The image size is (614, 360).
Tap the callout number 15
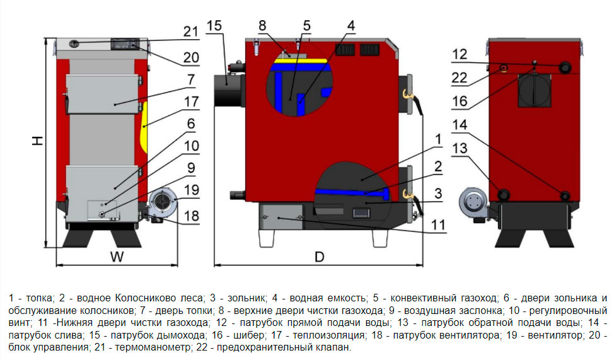tap(214, 26)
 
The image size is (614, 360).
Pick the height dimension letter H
tap(38, 142)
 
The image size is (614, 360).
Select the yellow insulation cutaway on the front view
tap(143, 126)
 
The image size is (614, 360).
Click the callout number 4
tap(350, 26)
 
